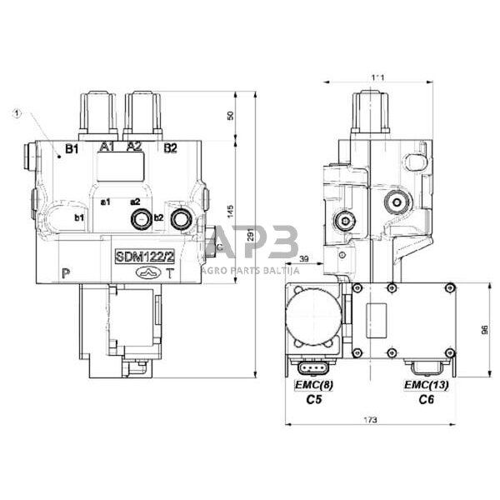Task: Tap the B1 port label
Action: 72,149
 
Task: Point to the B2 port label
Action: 170,148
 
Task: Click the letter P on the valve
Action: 65,272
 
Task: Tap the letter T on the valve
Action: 170,272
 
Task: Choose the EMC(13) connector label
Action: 426,385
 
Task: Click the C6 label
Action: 426,400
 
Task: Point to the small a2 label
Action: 135,202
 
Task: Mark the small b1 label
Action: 80,218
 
